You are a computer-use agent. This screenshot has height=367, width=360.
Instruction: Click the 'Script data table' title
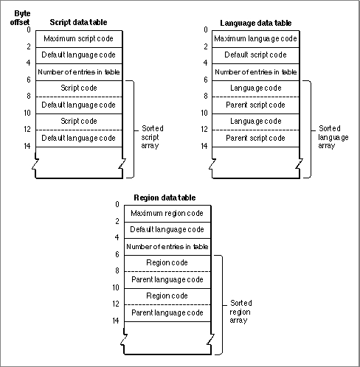(x=78, y=22)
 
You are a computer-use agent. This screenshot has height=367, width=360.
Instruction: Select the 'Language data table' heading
(x=256, y=23)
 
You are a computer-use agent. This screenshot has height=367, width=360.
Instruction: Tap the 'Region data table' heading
(x=165, y=198)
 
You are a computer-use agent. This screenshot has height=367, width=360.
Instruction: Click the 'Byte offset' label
(x=20, y=18)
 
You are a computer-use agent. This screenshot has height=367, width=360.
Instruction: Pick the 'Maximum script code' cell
(x=79, y=39)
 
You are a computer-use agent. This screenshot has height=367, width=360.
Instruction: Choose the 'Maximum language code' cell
(x=256, y=39)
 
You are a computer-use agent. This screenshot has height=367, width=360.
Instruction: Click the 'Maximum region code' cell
(x=167, y=214)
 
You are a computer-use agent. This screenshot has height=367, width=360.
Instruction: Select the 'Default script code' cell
(x=256, y=55)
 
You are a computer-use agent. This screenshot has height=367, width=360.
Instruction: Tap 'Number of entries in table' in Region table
(x=167, y=247)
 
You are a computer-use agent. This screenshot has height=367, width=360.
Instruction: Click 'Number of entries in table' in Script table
(x=79, y=72)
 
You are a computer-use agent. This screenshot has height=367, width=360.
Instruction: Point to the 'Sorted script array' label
(x=152, y=137)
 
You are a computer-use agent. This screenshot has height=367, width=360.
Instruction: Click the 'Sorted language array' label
(x=333, y=137)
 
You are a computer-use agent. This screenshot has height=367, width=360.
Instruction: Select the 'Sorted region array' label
(x=240, y=312)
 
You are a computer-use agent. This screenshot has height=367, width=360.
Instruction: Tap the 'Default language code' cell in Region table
(x=167, y=230)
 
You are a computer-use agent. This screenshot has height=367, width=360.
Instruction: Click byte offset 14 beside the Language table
(x=204, y=146)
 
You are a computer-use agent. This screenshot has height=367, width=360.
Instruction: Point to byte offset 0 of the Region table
(x=117, y=204)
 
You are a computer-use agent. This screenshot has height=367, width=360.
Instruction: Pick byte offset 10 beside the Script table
(x=27, y=113)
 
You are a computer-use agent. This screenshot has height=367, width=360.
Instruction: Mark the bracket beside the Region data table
(x=222, y=305)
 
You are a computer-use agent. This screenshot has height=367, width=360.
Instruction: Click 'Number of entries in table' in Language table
(x=256, y=72)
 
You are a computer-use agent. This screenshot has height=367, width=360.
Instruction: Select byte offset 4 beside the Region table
(x=117, y=237)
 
